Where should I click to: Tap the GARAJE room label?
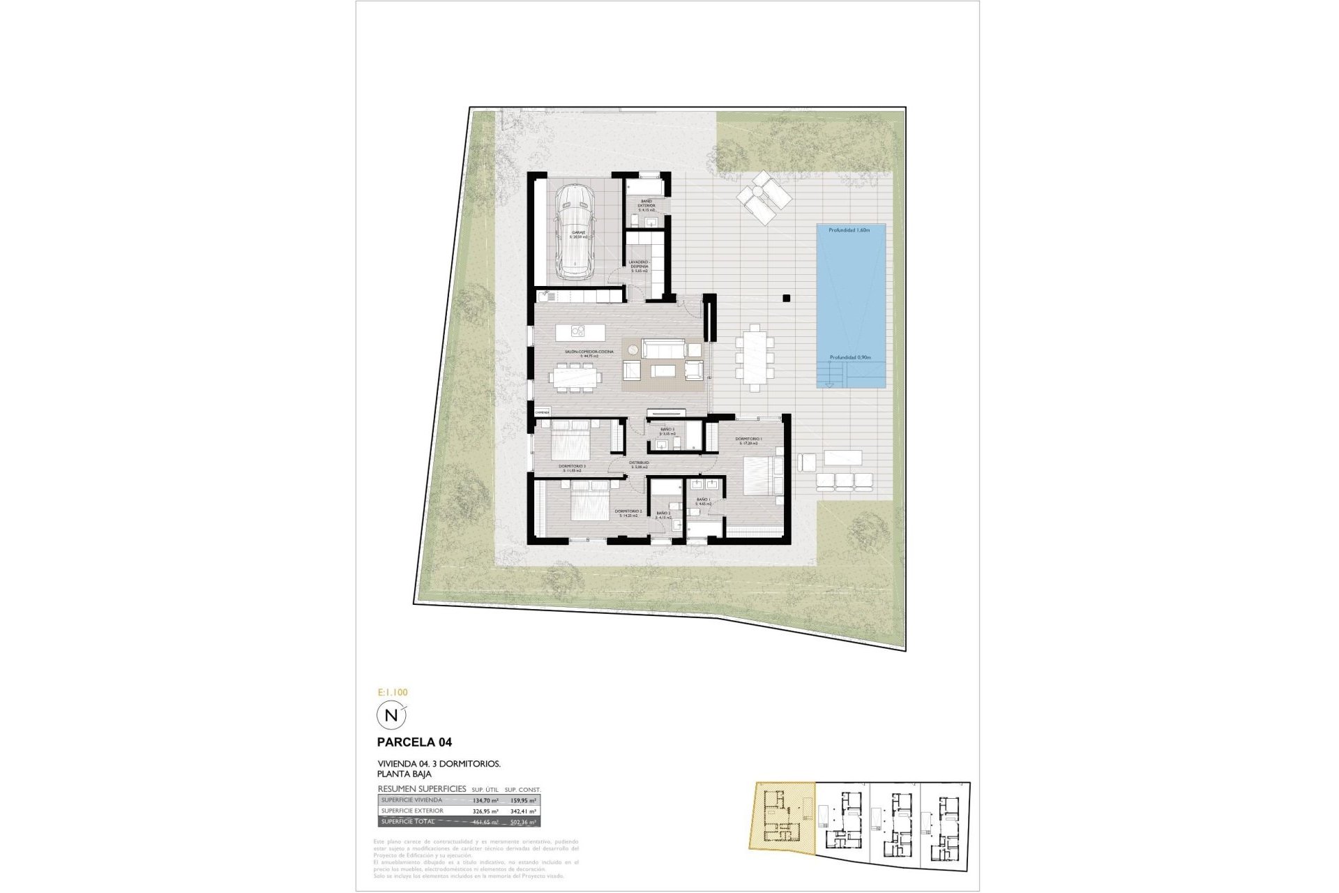point(579,234)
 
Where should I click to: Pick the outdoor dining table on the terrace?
point(755,361)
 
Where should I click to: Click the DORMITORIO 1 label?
point(748,440)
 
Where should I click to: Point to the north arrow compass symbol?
point(391,715)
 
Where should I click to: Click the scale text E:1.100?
point(392,693)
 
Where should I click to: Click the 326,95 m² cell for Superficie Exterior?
point(486,811)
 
